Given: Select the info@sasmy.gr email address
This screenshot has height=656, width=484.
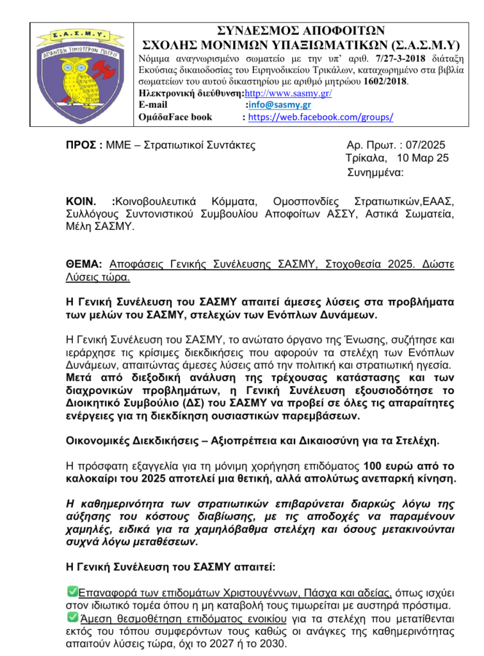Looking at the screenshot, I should coord(279,105).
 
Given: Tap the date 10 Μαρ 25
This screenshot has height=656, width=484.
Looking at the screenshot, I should coord(423,158).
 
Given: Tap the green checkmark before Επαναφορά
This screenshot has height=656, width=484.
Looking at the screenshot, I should coord(72,591).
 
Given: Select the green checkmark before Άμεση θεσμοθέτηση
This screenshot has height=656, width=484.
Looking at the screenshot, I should coord(72,617).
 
